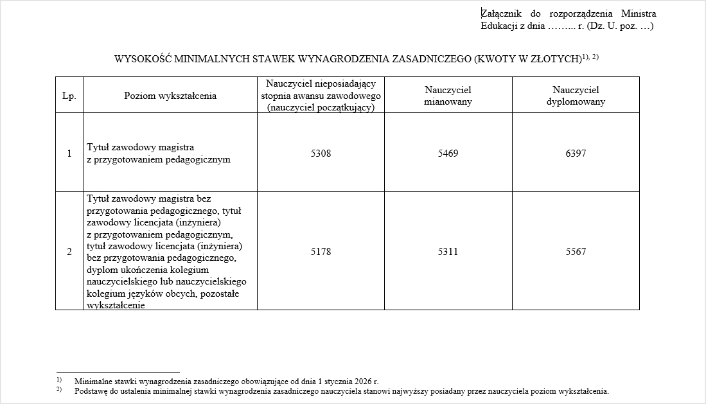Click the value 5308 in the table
click(321, 154)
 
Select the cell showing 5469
click(448, 154)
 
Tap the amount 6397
click(576, 154)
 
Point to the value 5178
click(321, 252)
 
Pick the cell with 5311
click(448, 252)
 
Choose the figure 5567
click(576, 252)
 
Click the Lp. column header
click(69, 96)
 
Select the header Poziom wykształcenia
click(170, 96)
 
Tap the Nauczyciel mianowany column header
click(448, 96)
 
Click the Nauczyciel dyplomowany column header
click(576, 96)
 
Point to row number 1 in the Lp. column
click(69, 154)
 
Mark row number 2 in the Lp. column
click(69, 252)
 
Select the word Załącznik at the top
click(502, 13)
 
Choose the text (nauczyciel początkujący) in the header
click(321, 107)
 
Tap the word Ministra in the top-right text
click(638, 13)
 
